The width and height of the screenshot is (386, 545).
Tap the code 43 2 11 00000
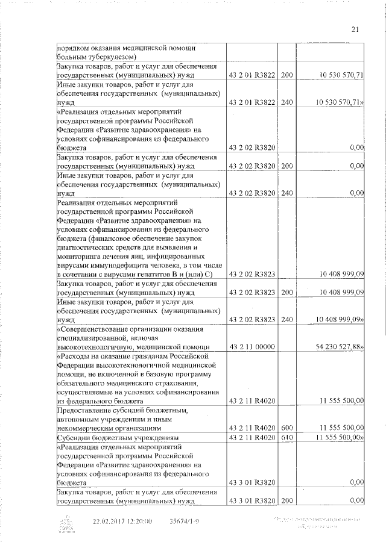252,347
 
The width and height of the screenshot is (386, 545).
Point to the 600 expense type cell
286,428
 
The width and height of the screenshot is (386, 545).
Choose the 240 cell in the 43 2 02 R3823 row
286,319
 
